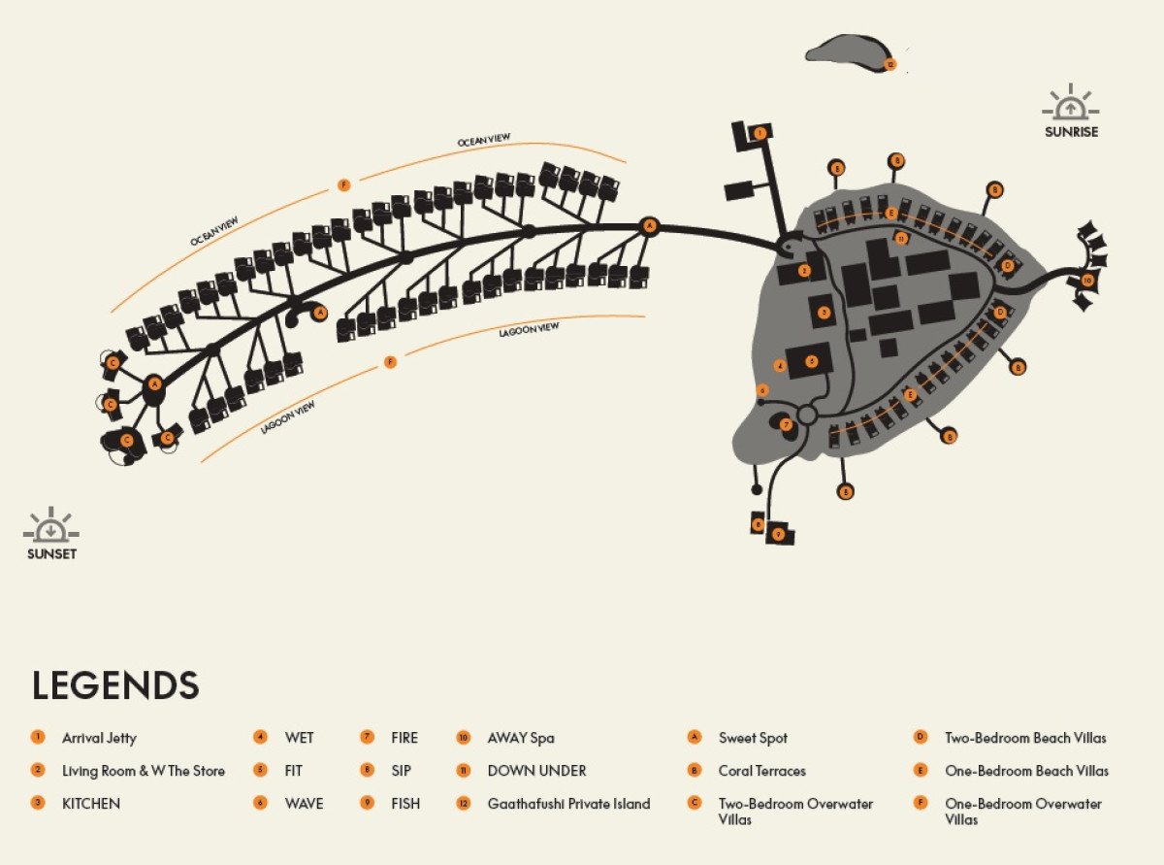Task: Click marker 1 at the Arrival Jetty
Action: tap(760, 132)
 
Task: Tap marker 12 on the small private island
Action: tap(890, 65)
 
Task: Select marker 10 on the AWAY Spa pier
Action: tap(1087, 280)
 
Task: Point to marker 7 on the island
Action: tap(787, 424)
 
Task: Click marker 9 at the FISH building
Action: tap(778, 534)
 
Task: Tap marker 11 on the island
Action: tap(901, 238)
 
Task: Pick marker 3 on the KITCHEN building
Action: tap(824, 312)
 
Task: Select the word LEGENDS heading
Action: tap(115, 685)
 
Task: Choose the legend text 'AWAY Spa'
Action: tap(521, 738)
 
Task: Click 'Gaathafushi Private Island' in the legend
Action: tap(568, 804)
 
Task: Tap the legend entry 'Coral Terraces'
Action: tap(761, 771)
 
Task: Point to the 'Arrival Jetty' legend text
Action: tap(99, 738)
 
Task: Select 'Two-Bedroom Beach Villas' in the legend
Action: tap(1025, 738)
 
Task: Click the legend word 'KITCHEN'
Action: tap(91, 804)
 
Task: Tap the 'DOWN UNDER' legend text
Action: tap(536, 771)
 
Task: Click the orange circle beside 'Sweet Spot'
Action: tap(694, 738)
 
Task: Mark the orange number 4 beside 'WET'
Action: tap(260, 738)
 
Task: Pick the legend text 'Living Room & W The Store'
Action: tap(144, 771)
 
